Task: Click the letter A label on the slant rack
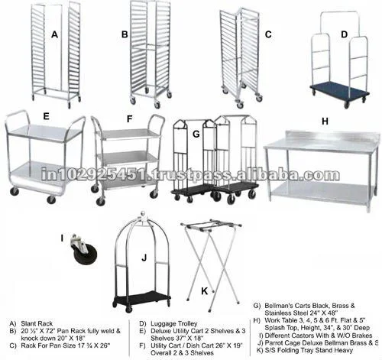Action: point(54,34)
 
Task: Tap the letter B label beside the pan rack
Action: point(124,34)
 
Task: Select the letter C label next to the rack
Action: point(268,34)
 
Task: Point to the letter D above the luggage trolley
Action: point(344,34)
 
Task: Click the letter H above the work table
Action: point(325,120)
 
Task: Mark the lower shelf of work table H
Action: point(321,186)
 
